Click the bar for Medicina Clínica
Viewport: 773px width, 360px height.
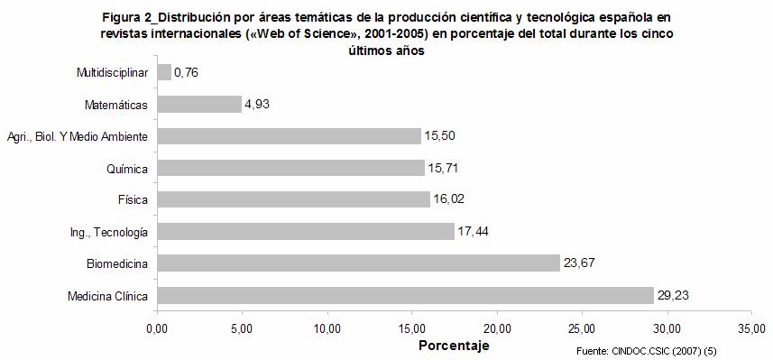point(405,295)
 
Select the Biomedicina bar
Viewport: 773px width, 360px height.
point(358,263)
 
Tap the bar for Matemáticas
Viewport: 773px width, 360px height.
point(199,104)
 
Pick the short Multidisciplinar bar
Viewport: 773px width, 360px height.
point(164,72)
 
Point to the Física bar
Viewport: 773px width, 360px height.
point(293,199)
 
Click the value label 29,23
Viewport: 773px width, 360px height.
point(674,295)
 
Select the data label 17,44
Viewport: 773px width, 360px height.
point(474,232)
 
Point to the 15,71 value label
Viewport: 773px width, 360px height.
point(445,168)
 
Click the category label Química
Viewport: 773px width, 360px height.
point(126,168)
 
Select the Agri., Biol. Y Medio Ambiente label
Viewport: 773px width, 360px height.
point(78,136)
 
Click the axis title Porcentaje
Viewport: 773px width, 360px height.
point(454,345)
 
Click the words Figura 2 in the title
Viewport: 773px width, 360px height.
point(128,18)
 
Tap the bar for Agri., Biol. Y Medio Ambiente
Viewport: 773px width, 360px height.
point(289,136)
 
